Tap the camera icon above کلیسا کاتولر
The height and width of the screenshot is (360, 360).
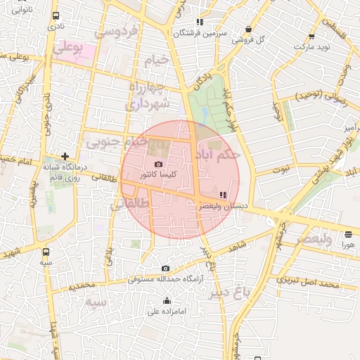[158, 164]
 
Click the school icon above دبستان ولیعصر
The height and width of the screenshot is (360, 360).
[224, 195]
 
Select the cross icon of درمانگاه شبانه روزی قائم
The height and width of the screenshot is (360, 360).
[65, 156]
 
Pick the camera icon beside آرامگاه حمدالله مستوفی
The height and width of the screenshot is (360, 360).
[165, 268]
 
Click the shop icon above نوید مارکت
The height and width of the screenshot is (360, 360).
[311, 37]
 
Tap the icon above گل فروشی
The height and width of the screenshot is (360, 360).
[248, 30]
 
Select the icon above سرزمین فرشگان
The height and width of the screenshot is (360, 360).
[200, 22]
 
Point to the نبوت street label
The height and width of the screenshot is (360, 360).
[282, 169]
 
